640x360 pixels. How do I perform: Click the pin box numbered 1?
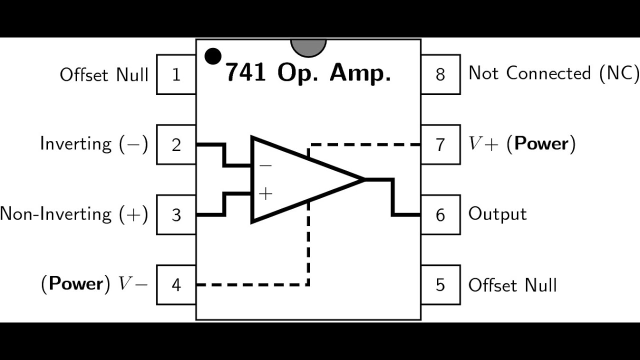[x=176, y=74]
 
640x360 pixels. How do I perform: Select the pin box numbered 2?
[x=176, y=144]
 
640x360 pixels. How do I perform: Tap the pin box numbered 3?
[x=176, y=215]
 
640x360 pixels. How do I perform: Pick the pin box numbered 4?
[x=176, y=285]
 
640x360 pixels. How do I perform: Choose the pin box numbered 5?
[x=441, y=285]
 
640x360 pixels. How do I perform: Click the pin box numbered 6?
[x=441, y=215]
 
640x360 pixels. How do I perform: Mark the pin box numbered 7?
[x=441, y=144]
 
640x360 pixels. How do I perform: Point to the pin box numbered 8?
[x=441, y=74]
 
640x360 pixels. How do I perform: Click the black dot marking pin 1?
[x=213, y=56]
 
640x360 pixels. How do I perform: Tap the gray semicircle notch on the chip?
[x=308, y=47]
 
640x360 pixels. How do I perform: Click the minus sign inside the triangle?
[x=265, y=165]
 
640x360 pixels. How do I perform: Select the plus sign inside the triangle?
[x=265, y=193]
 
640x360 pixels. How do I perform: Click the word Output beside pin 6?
[x=497, y=214]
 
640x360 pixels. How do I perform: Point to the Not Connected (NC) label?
[x=553, y=73]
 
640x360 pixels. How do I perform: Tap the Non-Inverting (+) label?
[x=74, y=214]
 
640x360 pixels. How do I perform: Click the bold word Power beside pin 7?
[x=541, y=143]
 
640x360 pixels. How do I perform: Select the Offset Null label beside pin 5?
[x=512, y=285]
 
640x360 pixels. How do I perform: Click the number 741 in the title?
[x=245, y=72]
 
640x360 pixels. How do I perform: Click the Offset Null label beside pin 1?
[x=104, y=75]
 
